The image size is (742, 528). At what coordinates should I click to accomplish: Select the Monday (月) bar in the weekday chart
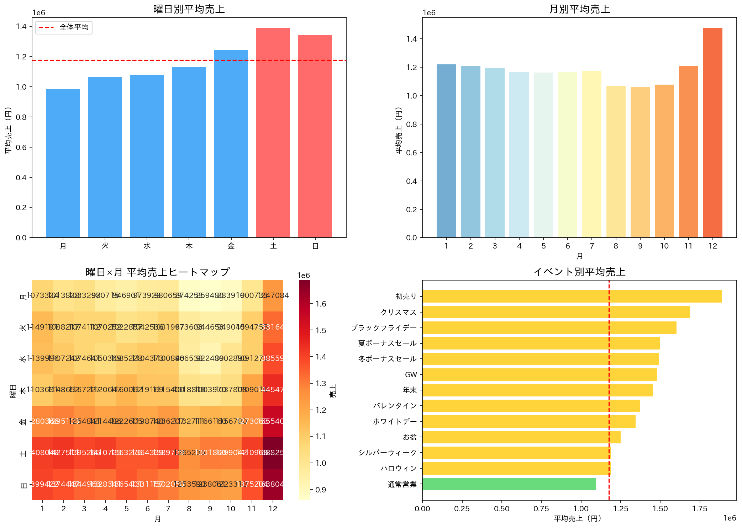click(63, 163)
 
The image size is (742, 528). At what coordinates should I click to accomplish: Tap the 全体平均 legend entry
click(64, 27)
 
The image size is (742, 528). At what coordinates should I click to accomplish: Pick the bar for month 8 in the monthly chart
click(616, 161)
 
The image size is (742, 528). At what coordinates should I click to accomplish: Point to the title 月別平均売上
click(579, 9)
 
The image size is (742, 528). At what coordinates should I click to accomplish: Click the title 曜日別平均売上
click(189, 9)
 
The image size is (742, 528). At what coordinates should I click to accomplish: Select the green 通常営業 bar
click(509, 484)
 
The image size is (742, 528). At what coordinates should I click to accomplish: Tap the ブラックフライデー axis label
click(384, 328)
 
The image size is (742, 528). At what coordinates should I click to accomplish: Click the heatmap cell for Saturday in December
click(273, 453)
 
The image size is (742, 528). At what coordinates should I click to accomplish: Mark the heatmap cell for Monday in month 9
click(210, 295)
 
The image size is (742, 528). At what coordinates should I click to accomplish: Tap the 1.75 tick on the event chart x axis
click(700, 509)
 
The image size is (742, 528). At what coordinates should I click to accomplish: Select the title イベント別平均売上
click(579, 272)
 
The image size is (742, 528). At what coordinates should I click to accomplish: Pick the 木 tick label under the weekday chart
click(189, 246)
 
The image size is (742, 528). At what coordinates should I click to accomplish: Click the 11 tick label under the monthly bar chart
click(688, 246)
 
